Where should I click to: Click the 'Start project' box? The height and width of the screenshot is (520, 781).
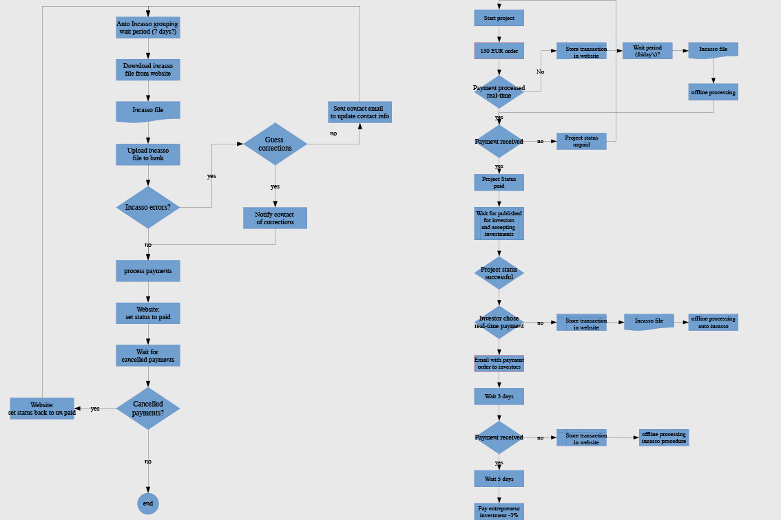pyautogui.click(x=499, y=17)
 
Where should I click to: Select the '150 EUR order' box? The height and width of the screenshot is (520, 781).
pyautogui.click(x=499, y=50)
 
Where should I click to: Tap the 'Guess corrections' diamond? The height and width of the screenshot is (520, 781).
pyautogui.click(x=275, y=144)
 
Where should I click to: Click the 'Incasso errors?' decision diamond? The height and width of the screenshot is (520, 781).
pyautogui.click(x=148, y=207)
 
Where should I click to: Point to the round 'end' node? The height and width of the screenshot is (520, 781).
pyautogui.click(x=147, y=503)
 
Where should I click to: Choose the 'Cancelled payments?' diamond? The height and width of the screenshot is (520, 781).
pyautogui.click(x=148, y=409)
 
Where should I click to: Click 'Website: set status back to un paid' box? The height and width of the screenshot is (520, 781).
pyautogui.click(x=42, y=408)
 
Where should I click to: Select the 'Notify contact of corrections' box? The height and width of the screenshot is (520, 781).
pyautogui.click(x=275, y=218)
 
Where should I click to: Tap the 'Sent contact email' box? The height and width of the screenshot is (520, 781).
pyautogui.click(x=360, y=112)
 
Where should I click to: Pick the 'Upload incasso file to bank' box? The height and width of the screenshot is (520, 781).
pyautogui.click(x=148, y=154)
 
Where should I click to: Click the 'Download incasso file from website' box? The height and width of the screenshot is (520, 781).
pyautogui.click(x=148, y=69)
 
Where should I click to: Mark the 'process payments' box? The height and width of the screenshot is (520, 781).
pyautogui.click(x=148, y=271)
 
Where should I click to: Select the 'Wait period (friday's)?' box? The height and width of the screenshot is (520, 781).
pyautogui.click(x=647, y=50)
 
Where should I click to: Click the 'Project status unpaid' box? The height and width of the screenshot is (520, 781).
pyautogui.click(x=581, y=141)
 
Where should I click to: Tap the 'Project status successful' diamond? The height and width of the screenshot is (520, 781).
pyautogui.click(x=499, y=273)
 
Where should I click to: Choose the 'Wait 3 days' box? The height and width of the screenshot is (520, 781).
pyautogui.click(x=499, y=396)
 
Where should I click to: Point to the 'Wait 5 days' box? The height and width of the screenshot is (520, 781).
pyautogui.click(x=499, y=478)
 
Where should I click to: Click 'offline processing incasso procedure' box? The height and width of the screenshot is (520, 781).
pyautogui.click(x=663, y=437)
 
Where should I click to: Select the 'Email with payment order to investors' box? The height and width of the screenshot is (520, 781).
pyautogui.click(x=499, y=363)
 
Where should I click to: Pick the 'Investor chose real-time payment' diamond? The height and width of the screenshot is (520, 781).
pyautogui.click(x=499, y=322)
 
